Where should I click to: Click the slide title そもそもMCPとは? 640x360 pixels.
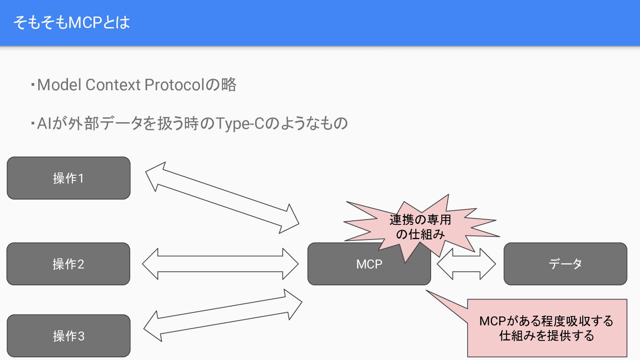tap(72, 23)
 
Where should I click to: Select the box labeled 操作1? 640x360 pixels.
tap(68, 178)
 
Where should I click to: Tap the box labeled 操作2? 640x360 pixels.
tap(68, 264)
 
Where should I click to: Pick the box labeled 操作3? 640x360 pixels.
tap(68, 336)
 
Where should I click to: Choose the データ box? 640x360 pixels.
tap(565, 264)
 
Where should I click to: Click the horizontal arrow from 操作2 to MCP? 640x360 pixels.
tap(220, 264)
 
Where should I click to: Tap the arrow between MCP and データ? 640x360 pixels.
tap(466, 264)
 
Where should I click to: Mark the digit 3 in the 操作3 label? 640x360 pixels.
tap(81, 336)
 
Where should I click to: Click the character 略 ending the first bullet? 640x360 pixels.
tap(228, 84)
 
